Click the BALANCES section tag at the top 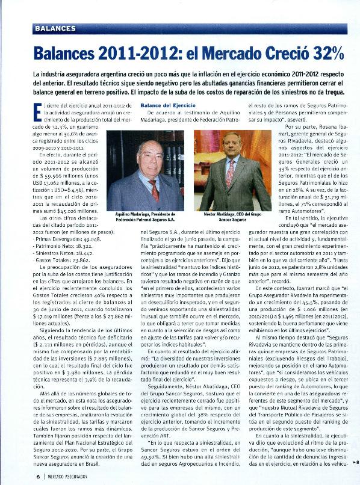55,28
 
